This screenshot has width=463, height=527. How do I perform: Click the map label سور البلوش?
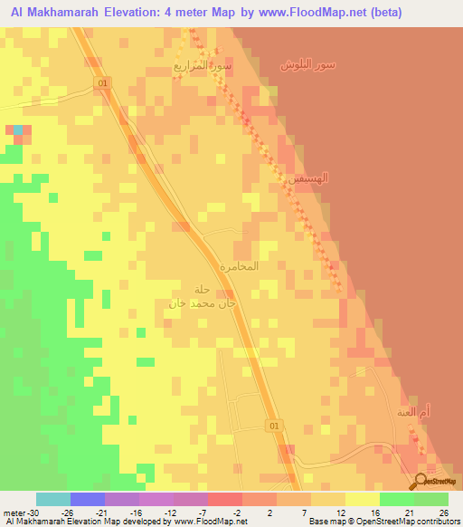[x=307, y=64]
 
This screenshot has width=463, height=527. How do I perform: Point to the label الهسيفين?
[x=307, y=179]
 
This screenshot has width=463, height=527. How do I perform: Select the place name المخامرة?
[x=240, y=267]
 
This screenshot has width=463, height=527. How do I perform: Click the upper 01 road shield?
[x=103, y=82]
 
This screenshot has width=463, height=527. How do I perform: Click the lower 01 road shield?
[x=275, y=425]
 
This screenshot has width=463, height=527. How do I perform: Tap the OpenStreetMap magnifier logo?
[x=421, y=480]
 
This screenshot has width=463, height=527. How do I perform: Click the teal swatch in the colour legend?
[x=53, y=498]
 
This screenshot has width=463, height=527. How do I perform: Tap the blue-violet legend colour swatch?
[x=88, y=498]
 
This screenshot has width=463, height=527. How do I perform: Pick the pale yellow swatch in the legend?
[x=363, y=498]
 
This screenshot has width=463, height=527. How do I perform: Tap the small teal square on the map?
[x=19, y=129]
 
